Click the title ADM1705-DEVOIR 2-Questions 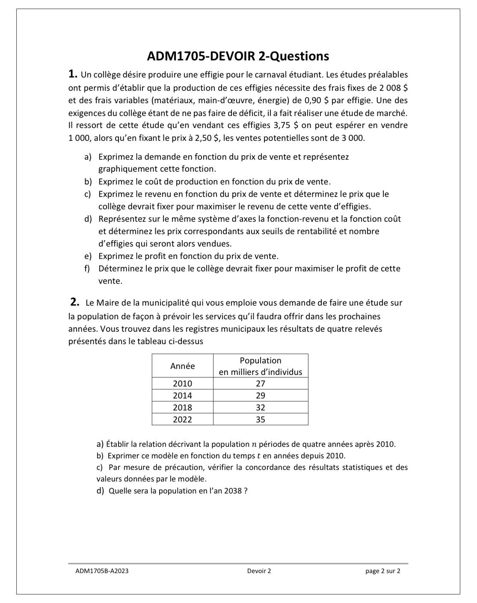[x=238, y=56]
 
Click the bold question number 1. [x=73, y=74]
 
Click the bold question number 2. [x=75, y=302]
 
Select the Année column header [x=182, y=366]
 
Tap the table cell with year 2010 [x=182, y=383]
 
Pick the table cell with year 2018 [x=182, y=407]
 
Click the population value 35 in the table [x=260, y=419]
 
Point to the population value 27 [x=260, y=383]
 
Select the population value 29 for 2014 [x=260, y=395]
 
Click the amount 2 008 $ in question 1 [x=393, y=88]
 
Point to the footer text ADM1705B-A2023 [x=101, y=570]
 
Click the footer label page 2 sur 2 [x=382, y=570]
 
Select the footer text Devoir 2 [x=259, y=570]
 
